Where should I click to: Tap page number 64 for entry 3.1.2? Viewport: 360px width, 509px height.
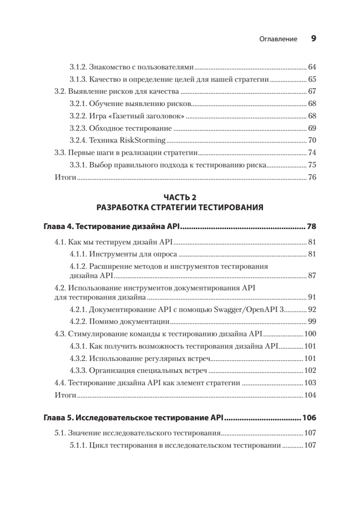coord(312,67)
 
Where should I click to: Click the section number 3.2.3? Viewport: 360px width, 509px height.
coord(78,129)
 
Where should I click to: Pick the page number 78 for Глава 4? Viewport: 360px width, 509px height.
coord(311,227)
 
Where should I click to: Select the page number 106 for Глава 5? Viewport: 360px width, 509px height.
coord(309,418)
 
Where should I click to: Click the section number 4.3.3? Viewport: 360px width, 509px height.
coord(78,371)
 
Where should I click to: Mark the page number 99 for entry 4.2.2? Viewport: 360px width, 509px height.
coord(312,322)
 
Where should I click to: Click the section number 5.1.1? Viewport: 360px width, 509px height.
coord(78,446)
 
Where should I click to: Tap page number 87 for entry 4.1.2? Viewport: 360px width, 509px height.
coord(312,276)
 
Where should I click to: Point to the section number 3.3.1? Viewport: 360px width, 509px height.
coord(78,165)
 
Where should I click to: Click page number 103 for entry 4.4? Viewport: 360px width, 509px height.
coord(310,383)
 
